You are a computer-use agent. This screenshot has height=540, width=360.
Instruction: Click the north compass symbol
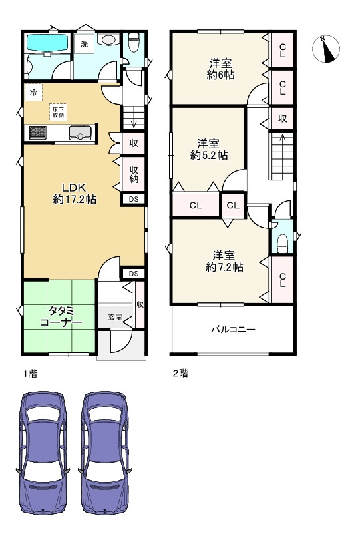pyautogui.click(x=326, y=48)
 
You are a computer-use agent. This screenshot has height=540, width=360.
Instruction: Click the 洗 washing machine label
pyautogui.click(x=84, y=44)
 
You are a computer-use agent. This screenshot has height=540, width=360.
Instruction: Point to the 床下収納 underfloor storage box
pyautogui.click(x=58, y=112)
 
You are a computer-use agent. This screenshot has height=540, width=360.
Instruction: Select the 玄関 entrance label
pyautogui.click(x=114, y=317)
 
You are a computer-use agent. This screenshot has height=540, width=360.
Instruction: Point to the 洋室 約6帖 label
pyautogui.click(x=220, y=69)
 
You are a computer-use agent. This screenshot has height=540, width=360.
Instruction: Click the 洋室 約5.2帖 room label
pyautogui.click(x=208, y=149)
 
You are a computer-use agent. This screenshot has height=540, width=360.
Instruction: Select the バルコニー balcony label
pyautogui.click(x=233, y=329)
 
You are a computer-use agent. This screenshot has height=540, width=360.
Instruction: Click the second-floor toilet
pyautogui.click(x=281, y=241)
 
